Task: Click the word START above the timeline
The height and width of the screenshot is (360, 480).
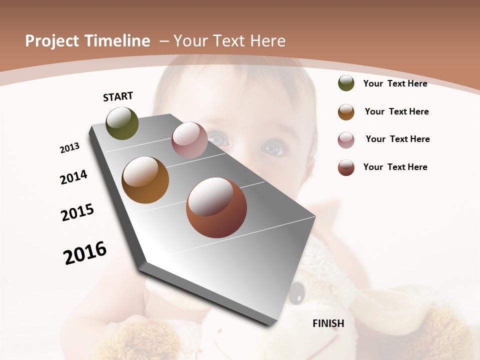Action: pos(118,96)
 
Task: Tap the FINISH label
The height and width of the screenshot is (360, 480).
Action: pos(328,323)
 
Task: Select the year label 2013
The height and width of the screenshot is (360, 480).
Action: pos(70,148)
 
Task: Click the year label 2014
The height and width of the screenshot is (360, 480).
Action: pos(74,177)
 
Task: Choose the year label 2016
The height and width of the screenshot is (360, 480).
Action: pos(85,253)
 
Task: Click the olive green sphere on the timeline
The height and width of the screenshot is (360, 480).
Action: pos(122,123)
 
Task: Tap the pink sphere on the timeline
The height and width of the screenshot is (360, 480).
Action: pos(189,140)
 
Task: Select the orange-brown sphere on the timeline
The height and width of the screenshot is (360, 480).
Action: pos(145,180)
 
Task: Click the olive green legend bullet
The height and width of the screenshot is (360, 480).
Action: pos(346,83)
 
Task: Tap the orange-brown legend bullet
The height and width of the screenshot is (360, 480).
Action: pos(346,111)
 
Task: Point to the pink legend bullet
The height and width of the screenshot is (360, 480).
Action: pos(346,139)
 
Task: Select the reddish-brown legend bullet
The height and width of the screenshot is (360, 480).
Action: pos(346,167)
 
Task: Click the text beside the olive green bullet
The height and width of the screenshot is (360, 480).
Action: pos(395,83)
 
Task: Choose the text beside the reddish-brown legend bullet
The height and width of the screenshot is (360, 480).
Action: pos(395,167)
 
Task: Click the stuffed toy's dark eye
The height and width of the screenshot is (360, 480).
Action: pos(297,290)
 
